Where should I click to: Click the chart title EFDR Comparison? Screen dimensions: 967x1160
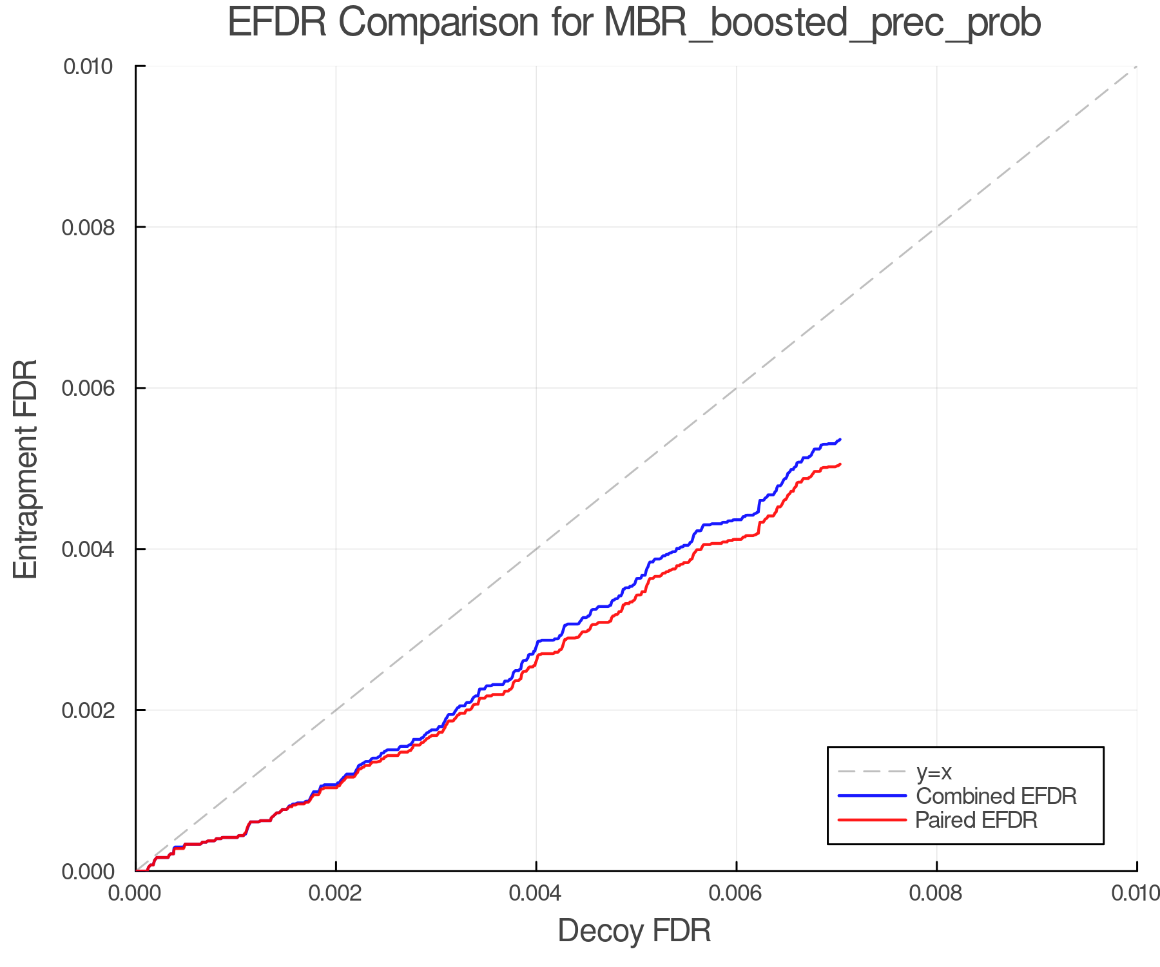[634, 23]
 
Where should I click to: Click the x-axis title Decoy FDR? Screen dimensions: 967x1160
[634, 931]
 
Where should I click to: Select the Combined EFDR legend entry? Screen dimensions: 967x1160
[996, 796]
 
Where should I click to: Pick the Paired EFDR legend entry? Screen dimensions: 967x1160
[976, 820]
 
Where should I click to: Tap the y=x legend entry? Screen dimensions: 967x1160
[934, 772]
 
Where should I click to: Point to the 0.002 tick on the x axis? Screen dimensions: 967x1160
[336, 894]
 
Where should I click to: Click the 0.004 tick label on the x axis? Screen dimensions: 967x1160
[536, 894]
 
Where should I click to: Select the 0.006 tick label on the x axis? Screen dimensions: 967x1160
[736, 894]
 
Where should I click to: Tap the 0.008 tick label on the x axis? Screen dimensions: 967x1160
[936, 894]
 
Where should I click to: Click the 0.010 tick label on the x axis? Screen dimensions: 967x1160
[1136, 894]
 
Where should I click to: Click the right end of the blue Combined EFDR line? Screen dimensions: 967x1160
[840, 439]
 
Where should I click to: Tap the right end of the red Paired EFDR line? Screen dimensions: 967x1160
[840, 464]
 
